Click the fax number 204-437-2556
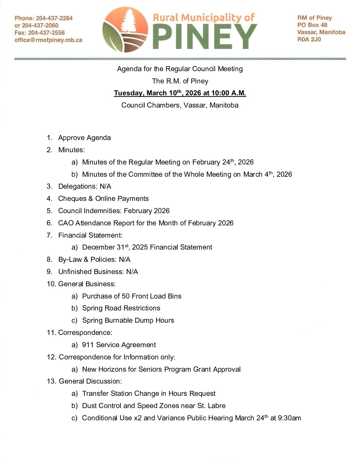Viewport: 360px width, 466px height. (46, 33)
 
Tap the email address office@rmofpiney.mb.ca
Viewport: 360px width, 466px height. (48, 40)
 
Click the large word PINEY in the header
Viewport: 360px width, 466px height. (204, 37)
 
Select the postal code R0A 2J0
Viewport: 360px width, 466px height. (309, 39)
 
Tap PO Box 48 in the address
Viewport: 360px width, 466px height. (312, 25)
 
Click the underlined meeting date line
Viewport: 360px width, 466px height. (180, 93)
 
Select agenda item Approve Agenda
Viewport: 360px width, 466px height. (84, 138)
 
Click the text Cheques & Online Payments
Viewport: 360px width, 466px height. (103, 199)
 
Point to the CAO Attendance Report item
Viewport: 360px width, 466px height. (146, 223)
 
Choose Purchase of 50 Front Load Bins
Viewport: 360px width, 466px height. (132, 296)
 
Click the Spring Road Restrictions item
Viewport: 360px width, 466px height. (121, 308)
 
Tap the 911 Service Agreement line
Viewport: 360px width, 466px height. (119, 345)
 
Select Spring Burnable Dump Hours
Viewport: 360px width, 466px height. (128, 320)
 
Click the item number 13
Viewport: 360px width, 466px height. (51, 381)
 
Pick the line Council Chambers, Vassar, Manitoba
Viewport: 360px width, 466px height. (180, 105)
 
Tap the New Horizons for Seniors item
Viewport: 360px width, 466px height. (161, 369)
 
